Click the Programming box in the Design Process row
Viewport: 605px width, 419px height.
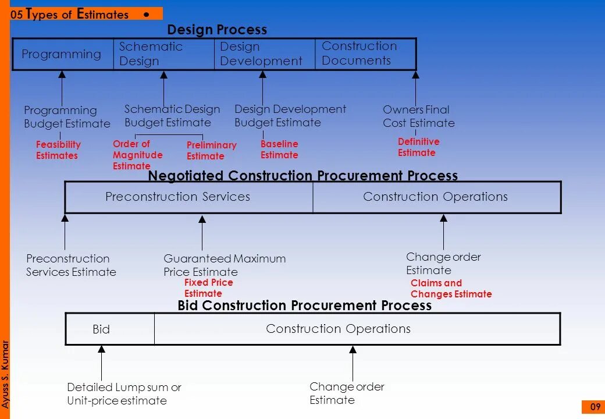pyautogui.click(x=62, y=54)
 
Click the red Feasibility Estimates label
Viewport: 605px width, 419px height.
pyautogui.click(x=58, y=150)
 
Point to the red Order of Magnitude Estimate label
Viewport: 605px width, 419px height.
pyautogui.click(x=137, y=155)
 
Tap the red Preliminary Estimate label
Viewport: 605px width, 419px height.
pyautogui.click(x=211, y=151)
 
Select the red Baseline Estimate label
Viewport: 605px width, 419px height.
pyautogui.click(x=279, y=150)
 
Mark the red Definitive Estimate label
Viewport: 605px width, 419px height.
pyautogui.click(x=418, y=147)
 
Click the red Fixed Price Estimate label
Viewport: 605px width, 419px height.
pyautogui.click(x=208, y=288)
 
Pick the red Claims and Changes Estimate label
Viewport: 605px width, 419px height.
pyautogui.click(x=451, y=289)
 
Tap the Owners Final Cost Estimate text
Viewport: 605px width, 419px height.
pyautogui.click(x=418, y=116)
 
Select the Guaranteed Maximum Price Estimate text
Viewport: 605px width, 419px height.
pyautogui.click(x=225, y=265)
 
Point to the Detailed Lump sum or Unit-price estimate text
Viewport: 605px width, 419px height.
pyautogui.click(x=124, y=394)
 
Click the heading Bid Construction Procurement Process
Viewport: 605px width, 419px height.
pyautogui.click(x=304, y=306)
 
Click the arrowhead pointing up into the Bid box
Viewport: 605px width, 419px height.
pyautogui.click(x=102, y=349)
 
